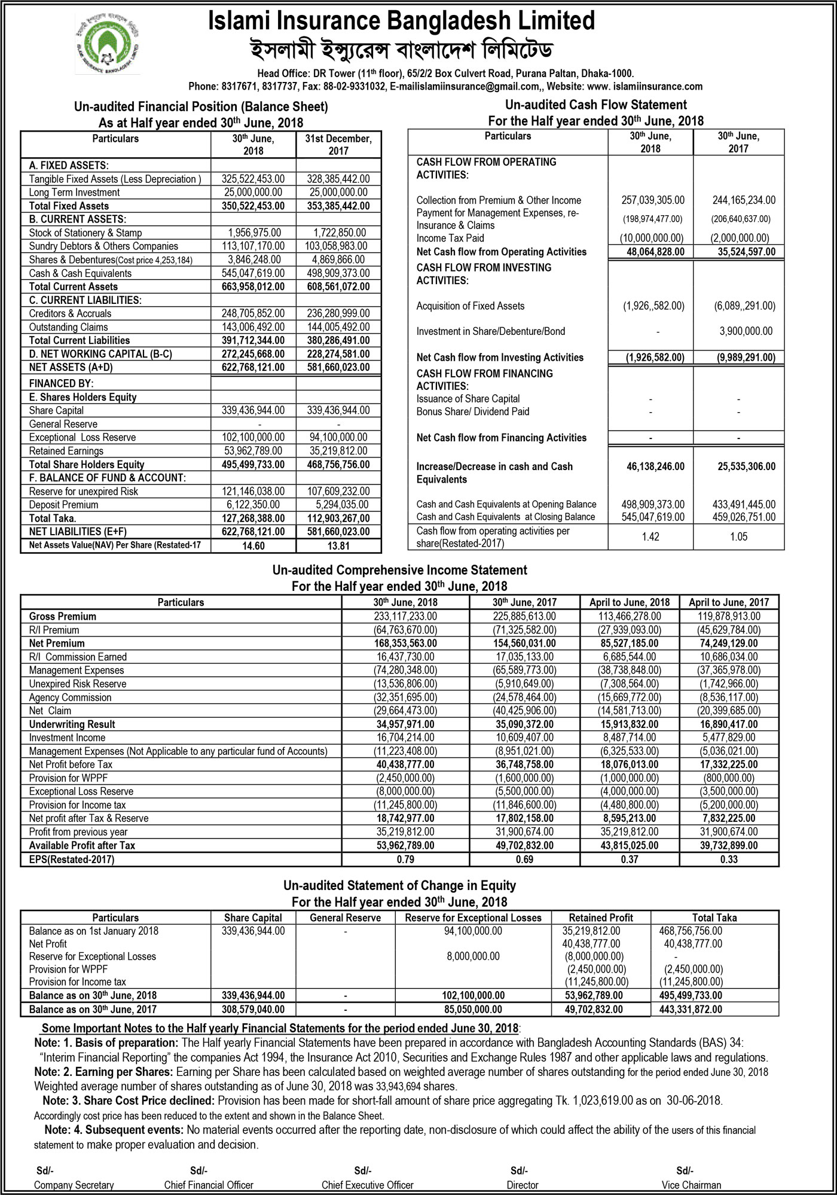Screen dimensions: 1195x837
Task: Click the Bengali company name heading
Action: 401,51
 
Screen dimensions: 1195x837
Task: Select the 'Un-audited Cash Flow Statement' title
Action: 595,105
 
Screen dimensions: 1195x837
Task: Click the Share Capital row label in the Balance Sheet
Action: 56,410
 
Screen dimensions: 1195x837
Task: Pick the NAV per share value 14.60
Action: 253,545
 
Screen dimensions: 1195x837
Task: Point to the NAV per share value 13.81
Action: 338,545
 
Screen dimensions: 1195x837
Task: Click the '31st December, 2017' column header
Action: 338,145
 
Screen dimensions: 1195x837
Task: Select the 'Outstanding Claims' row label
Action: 68,327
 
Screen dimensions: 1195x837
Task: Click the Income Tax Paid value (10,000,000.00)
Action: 651,238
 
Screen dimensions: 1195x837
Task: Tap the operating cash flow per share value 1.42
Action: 650,536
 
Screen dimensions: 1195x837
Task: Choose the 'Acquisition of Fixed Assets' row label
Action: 470,306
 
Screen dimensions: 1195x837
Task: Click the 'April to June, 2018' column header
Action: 630,602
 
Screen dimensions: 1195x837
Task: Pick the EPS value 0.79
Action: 405,859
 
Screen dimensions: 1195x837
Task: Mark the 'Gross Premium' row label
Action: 62,616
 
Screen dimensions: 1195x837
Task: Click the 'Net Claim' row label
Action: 50,711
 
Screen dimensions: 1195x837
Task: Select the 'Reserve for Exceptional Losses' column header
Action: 473,917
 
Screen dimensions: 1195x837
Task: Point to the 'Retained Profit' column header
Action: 600,917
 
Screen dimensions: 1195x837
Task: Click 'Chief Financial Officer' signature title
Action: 209,1185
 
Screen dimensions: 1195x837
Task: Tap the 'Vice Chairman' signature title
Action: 691,1185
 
